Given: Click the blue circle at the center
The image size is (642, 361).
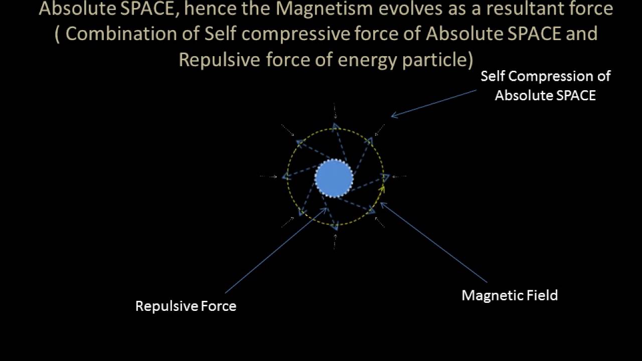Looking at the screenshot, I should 335,178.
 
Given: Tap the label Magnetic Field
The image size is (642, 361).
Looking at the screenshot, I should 510,295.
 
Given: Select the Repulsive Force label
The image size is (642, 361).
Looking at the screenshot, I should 186,306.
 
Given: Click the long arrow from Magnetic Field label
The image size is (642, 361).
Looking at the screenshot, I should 434,243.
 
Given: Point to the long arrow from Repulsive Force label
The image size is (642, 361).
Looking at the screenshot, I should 276,250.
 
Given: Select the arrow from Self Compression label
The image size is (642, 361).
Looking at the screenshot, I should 433,104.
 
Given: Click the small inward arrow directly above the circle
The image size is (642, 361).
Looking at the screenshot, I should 335,111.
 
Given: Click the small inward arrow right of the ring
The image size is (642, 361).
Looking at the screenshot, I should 399,176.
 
